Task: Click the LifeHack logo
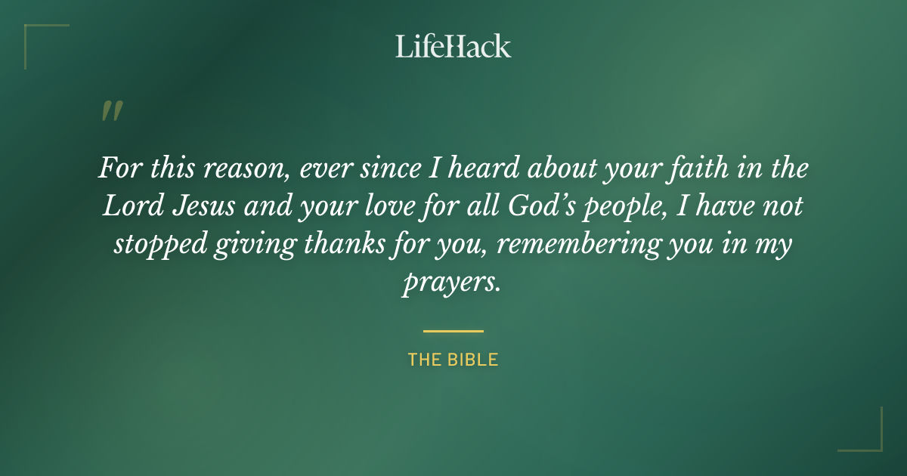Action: [x=453, y=46]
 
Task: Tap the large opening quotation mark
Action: [x=111, y=112]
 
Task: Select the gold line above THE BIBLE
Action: [x=453, y=331]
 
